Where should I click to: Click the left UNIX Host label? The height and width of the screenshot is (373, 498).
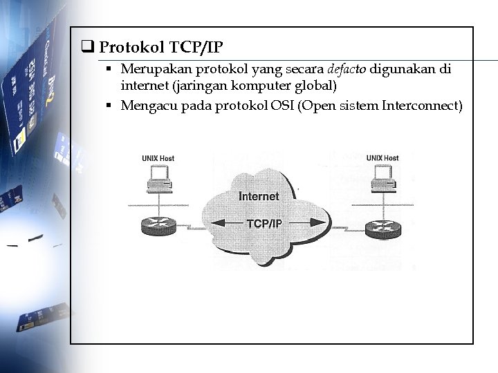(158, 158)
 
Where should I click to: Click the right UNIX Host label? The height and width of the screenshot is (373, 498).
(382, 158)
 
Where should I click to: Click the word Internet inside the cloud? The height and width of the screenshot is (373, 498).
(259, 197)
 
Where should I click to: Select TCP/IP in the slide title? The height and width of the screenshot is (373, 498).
(196, 48)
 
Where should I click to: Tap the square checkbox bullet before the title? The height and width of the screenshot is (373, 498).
(88, 48)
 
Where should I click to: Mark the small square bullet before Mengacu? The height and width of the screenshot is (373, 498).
(109, 106)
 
